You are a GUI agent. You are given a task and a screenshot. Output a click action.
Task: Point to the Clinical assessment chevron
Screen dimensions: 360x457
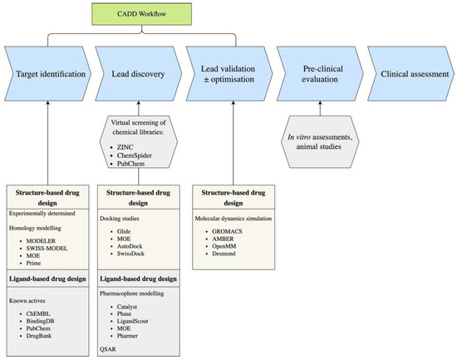click(x=407, y=74)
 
